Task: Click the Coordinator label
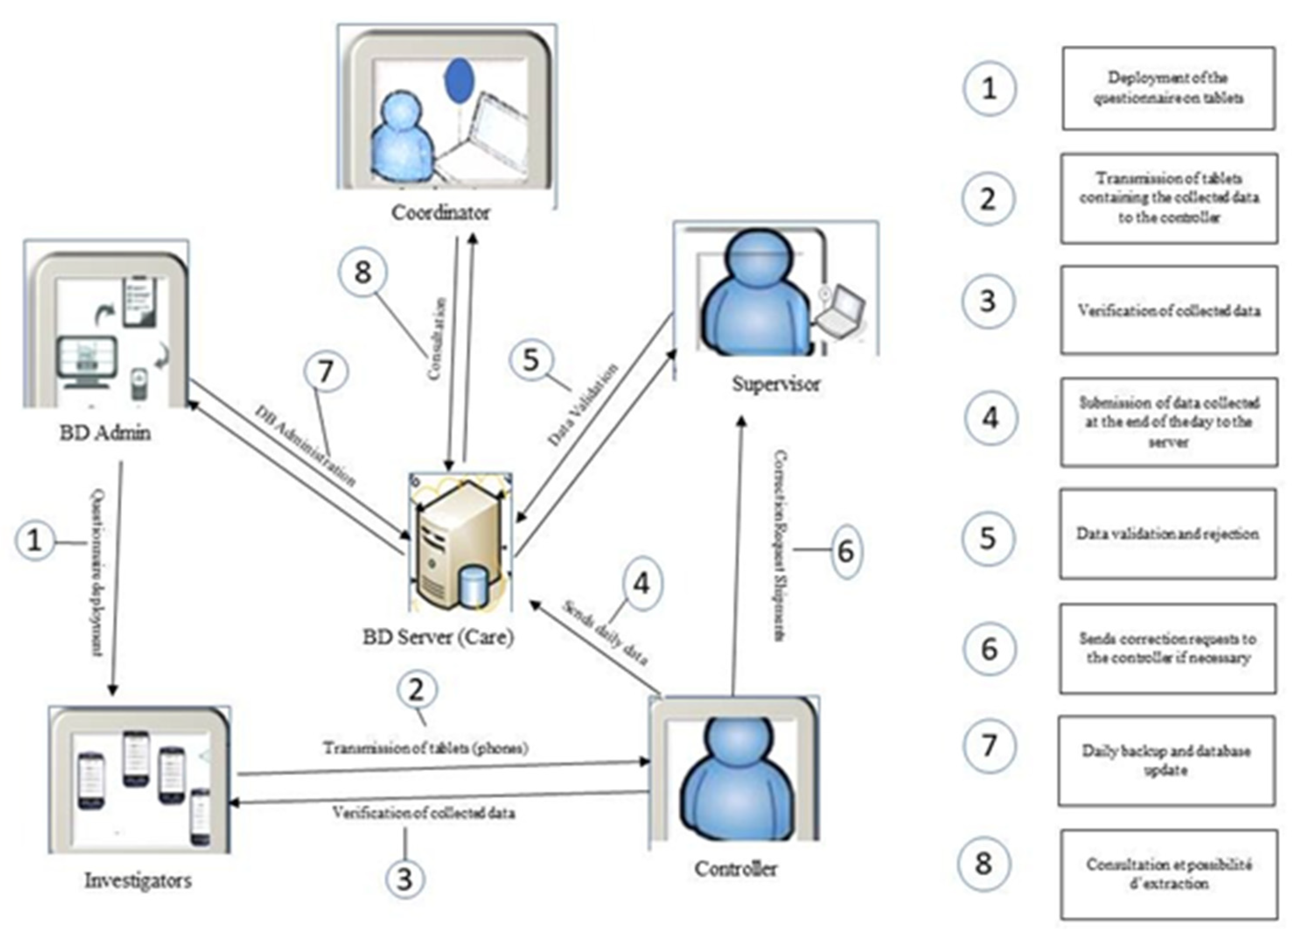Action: (x=440, y=213)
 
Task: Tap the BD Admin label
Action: (x=105, y=433)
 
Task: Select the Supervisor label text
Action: (x=776, y=384)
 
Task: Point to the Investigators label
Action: (x=138, y=880)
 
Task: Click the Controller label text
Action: (x=736, y=869)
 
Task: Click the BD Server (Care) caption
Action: (x=439, y=637)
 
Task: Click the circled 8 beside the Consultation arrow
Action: (x=363, y=272)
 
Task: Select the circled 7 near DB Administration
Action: (x=325, y=372)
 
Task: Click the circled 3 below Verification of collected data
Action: (x=404, y=878)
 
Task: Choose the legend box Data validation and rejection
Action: (x=1167, y=534)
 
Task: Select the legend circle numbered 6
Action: (x=989, y=649)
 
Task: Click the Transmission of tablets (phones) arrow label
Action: (x=425, y=748)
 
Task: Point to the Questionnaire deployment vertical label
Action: (x=97, y=572)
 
